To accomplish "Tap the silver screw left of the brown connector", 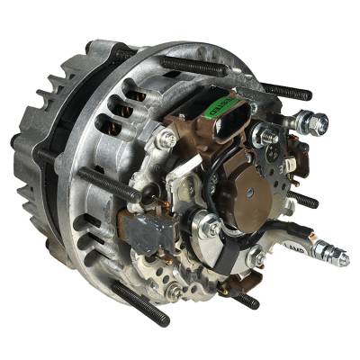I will pos(167,139).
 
